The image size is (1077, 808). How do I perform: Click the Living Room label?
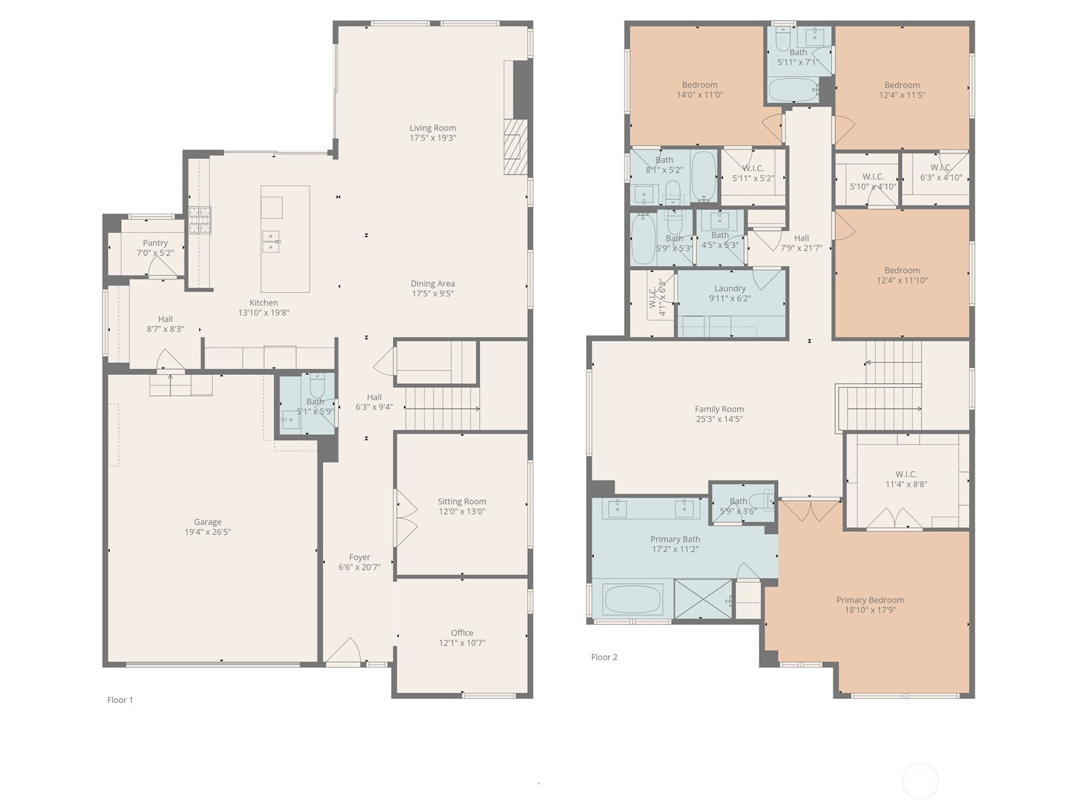[x=432, y=128]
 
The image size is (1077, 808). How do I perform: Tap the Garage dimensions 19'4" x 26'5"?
[x=207, y=532]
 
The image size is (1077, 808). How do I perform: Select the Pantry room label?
[x=155, y=243]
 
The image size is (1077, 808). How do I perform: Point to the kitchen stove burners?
[x=200, y=220]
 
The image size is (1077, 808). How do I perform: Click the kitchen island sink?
[x=271, y=241]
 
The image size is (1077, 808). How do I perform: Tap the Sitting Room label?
[x=462, y=502]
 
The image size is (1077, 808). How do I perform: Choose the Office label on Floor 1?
[x=462, y=633]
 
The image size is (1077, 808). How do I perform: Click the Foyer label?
[x=359, y=558]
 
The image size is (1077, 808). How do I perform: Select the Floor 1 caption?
[x=120, y=700]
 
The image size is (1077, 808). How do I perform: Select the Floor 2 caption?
[x=604, y=657]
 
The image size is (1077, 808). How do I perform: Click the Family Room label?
[x=719, y=409]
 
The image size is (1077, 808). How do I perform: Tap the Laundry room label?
[x=730, y=288]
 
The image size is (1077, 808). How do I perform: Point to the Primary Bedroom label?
[x=870, y=600]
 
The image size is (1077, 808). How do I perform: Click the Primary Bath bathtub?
[x=632, y=599]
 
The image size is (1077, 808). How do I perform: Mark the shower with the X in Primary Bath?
[x=703, y=599]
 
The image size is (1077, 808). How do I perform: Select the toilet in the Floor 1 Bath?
[x=318, y=385]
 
